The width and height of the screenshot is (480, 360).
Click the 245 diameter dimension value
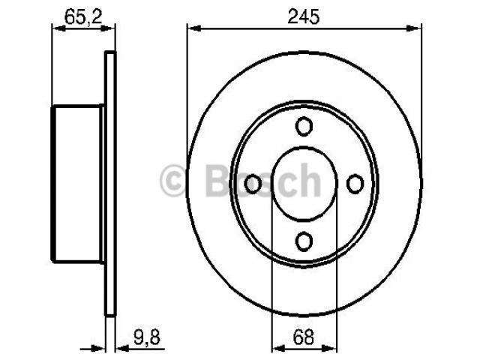point(303,16)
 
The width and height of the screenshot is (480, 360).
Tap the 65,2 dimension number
point(83,16)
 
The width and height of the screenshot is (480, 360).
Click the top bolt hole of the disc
point(304,126)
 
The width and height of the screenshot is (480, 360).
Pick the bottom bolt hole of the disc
point(304,241)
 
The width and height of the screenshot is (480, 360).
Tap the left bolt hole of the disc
point(253,184)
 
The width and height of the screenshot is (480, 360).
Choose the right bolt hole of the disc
point(355,184)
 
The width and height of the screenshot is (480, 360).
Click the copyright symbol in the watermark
point(173,180)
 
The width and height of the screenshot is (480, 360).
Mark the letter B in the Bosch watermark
point(217,180)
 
